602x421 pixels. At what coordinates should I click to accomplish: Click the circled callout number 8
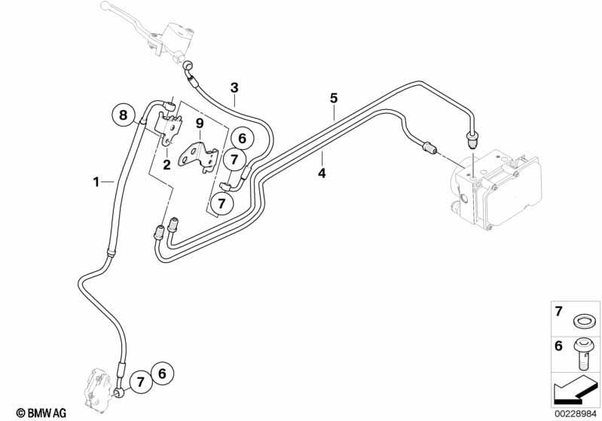point(124,114)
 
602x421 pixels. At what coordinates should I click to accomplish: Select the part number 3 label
point(234,88)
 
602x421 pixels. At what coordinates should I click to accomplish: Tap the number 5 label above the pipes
point(334,98)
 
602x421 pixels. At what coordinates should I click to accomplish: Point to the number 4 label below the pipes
point(322,173)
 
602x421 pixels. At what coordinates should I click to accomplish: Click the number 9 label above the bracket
point(199,124)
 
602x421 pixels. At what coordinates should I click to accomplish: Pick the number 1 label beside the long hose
point(96,182)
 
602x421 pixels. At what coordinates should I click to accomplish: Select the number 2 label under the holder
point(167,165)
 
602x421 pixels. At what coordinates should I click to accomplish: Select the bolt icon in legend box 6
point(583,354)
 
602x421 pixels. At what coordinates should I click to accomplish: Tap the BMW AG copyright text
point(41,413)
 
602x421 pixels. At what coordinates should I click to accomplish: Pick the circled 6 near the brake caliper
point(162,373)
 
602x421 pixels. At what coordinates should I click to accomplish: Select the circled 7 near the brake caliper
point(141,382)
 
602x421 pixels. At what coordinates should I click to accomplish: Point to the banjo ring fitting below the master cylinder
point(188,66)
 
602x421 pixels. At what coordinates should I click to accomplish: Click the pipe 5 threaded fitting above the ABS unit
point(471,139)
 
